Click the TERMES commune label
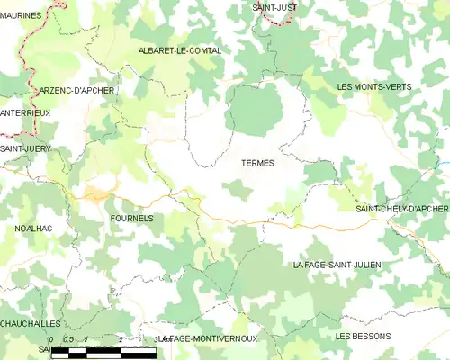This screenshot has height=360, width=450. tap(257, 163)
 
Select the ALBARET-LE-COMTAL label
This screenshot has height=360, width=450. tap(180, 50)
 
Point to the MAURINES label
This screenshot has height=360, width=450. tap(22, 14)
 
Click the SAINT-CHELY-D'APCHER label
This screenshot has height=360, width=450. tap(401, 209)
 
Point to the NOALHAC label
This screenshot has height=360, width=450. tap(34, 229)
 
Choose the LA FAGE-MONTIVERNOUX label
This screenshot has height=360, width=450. tap(208, 338)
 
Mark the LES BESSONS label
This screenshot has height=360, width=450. tap(363, 336)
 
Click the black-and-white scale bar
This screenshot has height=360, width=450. tap(100, 353)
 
